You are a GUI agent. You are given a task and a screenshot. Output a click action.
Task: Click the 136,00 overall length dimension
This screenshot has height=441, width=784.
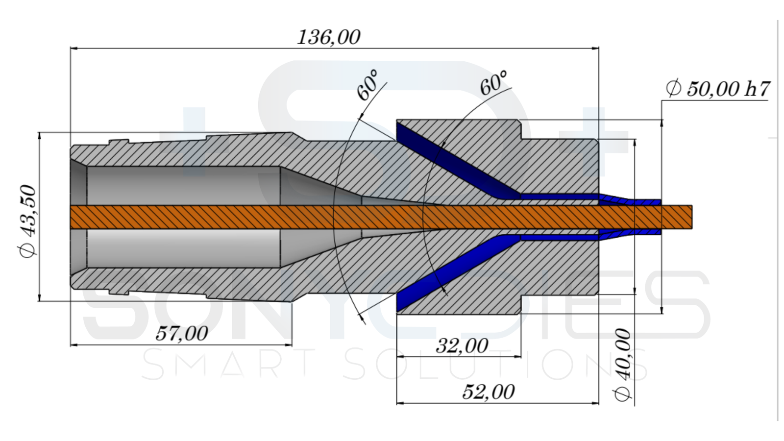(x=329, y=37)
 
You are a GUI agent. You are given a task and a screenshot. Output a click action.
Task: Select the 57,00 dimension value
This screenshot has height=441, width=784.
(x=182, y=333)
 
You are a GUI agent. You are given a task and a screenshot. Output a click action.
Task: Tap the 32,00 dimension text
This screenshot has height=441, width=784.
(x=462, y=346)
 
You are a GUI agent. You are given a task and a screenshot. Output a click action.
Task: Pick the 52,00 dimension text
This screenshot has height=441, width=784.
(x=489, y=392)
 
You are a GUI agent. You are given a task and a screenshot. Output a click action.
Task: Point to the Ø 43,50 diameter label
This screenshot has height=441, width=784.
(x=27, y=221)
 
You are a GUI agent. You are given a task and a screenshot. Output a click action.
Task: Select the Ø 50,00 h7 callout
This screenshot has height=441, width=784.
(x=718, y=89)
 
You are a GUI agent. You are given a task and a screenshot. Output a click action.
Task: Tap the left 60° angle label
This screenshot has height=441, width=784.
(x=368, y=85)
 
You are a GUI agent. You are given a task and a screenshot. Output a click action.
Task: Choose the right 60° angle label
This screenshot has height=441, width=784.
(x=493, y=83)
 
